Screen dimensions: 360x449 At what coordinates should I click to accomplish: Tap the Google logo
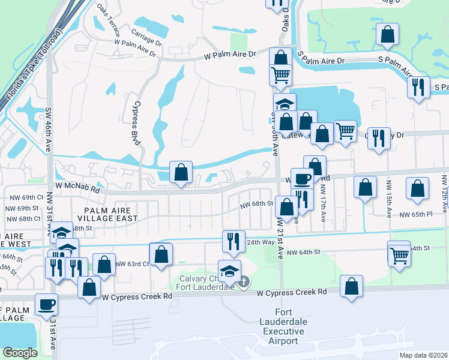pyautogui.click(x=20, y=353)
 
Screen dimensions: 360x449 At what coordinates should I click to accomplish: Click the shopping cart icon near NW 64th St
pyautogui.click(x=399, y=256)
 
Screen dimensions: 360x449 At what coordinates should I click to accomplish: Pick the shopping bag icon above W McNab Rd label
pyautogui.click(x=181, y=172)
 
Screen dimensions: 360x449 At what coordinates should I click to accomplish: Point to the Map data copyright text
pyautogui.click(x=424, y=355)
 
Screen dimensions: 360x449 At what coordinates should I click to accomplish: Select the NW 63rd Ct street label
pyautogui.click(x=131, y=263)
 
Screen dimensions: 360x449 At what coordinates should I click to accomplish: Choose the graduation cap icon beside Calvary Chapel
pyautogui.click(x=229, y=271)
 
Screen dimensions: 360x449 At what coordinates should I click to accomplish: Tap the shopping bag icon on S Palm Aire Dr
pyautogui.click(x=388, y=35)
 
